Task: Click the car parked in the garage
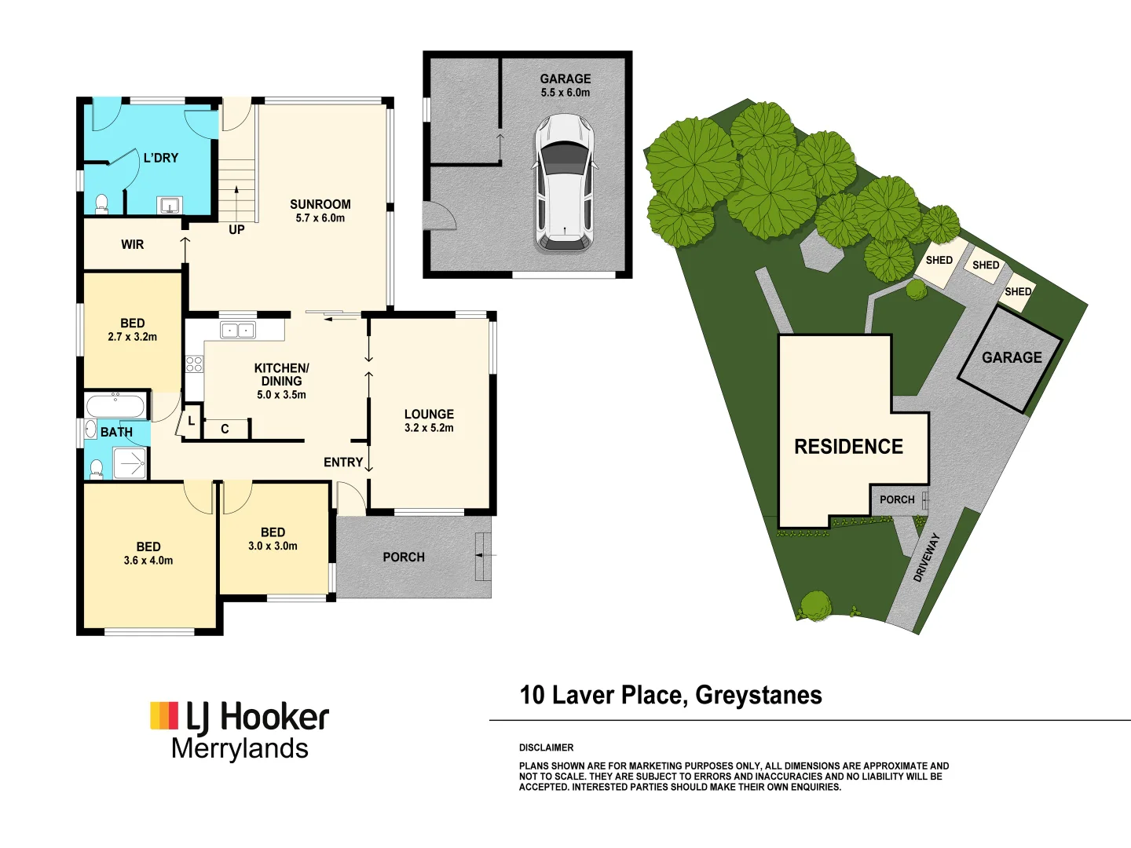(x=563, y=182)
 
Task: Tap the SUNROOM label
(x=320, y=204)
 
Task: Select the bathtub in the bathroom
(x=115, y=407)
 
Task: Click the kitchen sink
(x=237, y=330)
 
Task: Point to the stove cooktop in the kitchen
(x=194, y=364)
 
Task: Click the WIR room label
(x=132, y=245)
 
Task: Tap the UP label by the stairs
(x=236, y=230)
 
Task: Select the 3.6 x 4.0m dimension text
(x=148, y=561)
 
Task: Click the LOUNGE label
(x=429, y=414)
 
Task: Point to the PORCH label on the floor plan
(x=404, y=557)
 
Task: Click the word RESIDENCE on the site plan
(x=848, y=447)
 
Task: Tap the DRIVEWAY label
(x=926, y=557)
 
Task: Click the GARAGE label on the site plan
(x=1012, y=357)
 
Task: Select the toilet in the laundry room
(x=101, y=205)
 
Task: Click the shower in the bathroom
(x=130, y=463)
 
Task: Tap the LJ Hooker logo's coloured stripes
(x=164, y=716)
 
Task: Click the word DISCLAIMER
(x=546, y=747)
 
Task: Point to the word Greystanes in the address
(x=758, y=696)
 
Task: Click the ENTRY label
(x=343, y=462)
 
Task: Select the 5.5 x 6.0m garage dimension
(x=565, y=93)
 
